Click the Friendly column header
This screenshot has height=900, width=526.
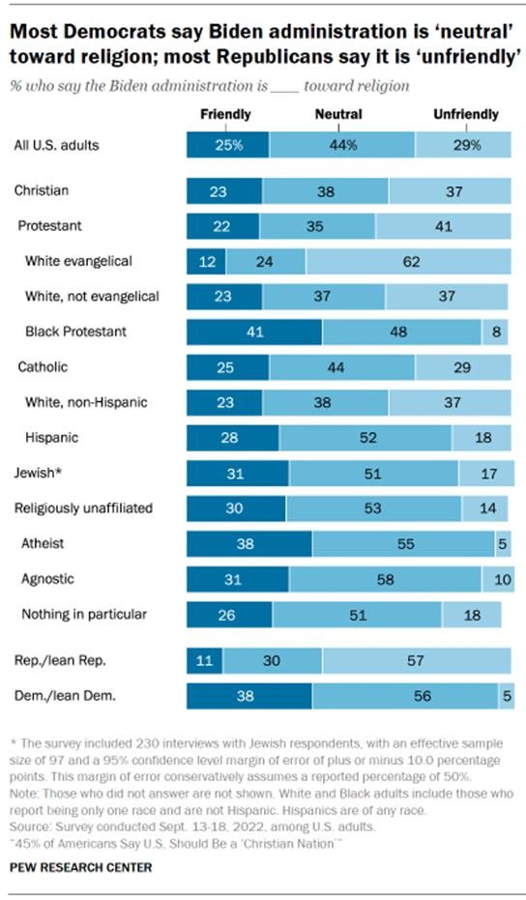click(x=224, y=114)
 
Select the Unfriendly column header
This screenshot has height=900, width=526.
click(x=465, y=114)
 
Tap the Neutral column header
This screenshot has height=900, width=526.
click(x=338, y=114)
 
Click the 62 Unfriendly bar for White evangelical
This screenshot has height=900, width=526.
click(x=409, y=261)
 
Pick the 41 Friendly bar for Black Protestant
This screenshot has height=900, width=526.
click(x=254, y=332)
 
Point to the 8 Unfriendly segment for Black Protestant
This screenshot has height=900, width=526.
click(x=495, y=332)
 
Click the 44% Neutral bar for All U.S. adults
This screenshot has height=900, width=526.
click(x=342, y=146)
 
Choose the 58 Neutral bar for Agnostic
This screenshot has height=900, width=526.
click(x=385, y=579)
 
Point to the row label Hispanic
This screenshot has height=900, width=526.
click(x=51, y=438)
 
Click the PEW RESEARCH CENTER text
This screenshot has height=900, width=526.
click(x=82, y=867)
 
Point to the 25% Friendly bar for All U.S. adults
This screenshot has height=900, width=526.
click(x=227, y=146)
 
